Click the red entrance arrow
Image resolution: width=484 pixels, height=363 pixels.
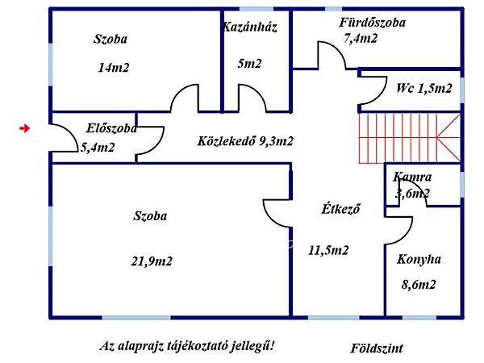pos(25,127)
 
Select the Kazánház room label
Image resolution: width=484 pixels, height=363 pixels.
pos(250,27)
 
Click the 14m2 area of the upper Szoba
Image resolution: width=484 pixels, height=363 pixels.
pos(114,68)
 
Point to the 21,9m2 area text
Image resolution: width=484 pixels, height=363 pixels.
pos(151,261)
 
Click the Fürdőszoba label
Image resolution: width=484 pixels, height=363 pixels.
pos(372,23)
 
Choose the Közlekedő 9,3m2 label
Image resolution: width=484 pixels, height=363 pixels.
pos(245,141)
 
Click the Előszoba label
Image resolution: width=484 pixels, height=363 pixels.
pos(111,127)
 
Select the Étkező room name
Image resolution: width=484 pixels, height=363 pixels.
pos(340,208)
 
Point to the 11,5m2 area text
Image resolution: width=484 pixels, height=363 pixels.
pos(328,250)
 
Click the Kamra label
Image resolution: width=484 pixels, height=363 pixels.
pos(412,177)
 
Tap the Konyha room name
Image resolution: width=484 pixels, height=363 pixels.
pos(419,260)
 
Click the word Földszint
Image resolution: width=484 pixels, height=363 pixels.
pos(377,348)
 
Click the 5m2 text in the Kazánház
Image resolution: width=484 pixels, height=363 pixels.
pos(249,64)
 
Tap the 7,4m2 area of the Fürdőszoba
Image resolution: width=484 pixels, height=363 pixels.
pos(360,38)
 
